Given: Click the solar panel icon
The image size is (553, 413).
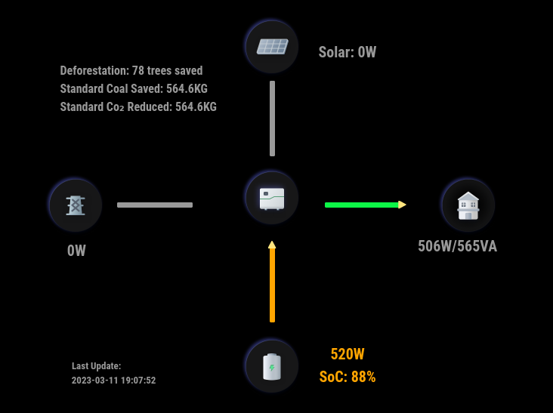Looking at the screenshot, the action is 272,47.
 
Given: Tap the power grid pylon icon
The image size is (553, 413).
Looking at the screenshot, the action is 75,205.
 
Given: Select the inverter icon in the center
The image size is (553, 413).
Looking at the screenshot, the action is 272,198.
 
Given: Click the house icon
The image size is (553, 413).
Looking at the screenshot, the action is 468,205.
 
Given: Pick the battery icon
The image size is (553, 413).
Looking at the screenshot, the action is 272,366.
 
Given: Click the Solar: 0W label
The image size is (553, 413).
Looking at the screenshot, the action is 347,52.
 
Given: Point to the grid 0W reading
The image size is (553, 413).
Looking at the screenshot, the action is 76,251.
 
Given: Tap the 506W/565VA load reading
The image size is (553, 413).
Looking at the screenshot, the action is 457,246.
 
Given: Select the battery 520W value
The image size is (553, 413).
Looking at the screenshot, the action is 348,354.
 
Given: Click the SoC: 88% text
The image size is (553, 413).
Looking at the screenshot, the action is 348,377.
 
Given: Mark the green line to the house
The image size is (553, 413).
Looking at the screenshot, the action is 361,205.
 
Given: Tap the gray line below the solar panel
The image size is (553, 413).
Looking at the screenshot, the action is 272,118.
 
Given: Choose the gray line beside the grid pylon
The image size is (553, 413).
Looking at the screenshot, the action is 155,205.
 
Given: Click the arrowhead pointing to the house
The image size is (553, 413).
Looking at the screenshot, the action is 403,205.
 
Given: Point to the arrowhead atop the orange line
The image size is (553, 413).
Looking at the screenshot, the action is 272,245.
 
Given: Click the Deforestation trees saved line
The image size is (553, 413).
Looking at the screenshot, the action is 131,71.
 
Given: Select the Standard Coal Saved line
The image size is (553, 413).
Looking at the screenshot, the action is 134,89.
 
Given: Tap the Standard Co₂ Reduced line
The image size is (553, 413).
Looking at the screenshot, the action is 138,107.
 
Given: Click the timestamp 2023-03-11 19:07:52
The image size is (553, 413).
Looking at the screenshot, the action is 114,381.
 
